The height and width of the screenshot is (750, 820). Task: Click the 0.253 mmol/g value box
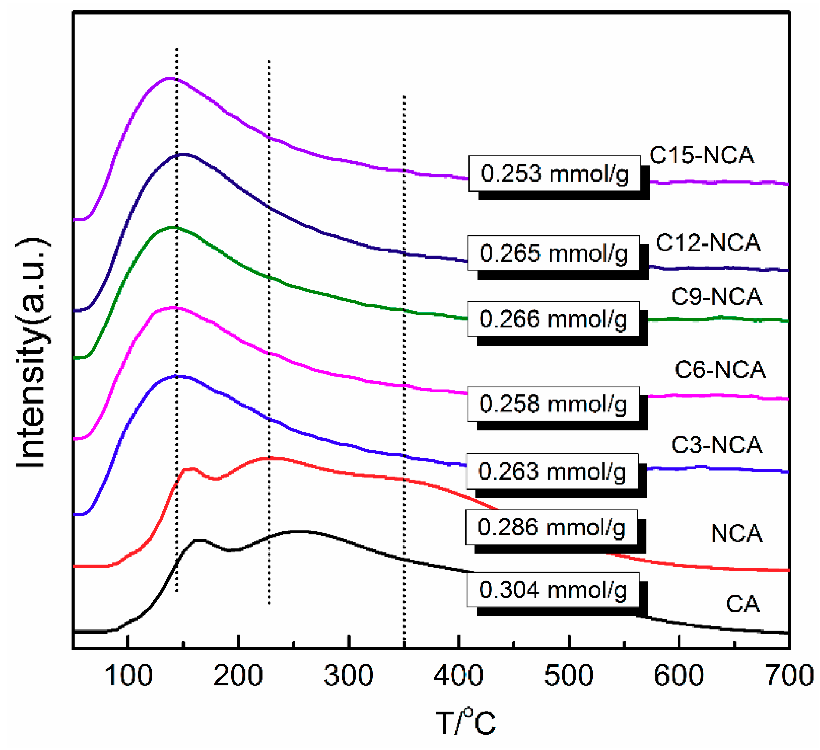point(554,173)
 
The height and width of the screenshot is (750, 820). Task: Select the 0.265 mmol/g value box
point(554,253)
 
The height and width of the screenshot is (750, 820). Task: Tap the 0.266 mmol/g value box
point(553,319)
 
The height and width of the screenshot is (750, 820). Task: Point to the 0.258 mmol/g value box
point(553,404)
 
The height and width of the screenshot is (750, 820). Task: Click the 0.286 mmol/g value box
point(551,527)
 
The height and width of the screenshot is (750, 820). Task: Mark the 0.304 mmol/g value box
point(553,590)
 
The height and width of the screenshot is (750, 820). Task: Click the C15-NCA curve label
point(702,156)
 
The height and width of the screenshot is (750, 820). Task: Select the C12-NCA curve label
point(708,243)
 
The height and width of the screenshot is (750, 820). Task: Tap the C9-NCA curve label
point(717,297)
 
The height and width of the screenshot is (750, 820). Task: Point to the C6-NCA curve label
point(720,370)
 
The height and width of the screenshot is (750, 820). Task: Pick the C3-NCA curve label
point(717,445)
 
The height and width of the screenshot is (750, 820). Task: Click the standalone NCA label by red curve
point(737,533)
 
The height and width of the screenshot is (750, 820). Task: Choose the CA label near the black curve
point(743,605)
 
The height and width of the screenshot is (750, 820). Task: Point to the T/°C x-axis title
point(466,722)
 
